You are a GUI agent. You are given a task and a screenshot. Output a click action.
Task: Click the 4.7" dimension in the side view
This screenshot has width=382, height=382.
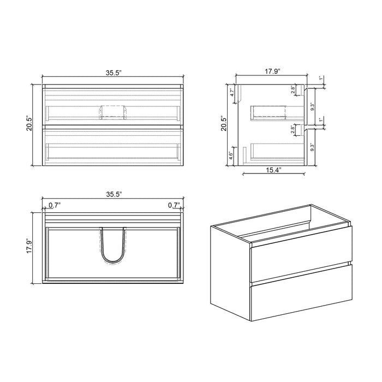tap(231, 93)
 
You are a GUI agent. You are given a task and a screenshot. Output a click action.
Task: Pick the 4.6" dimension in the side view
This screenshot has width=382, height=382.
tap(231, 154)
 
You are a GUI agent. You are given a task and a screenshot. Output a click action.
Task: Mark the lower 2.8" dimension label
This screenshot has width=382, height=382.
tap(293, 129)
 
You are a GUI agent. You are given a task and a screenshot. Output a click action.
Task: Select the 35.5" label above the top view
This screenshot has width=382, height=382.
tap(112, 194)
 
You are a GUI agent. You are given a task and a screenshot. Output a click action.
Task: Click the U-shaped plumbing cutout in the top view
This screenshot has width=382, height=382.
tap(113, 248)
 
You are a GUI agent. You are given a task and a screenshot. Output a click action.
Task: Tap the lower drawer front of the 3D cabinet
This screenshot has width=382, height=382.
tap(300, 295)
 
